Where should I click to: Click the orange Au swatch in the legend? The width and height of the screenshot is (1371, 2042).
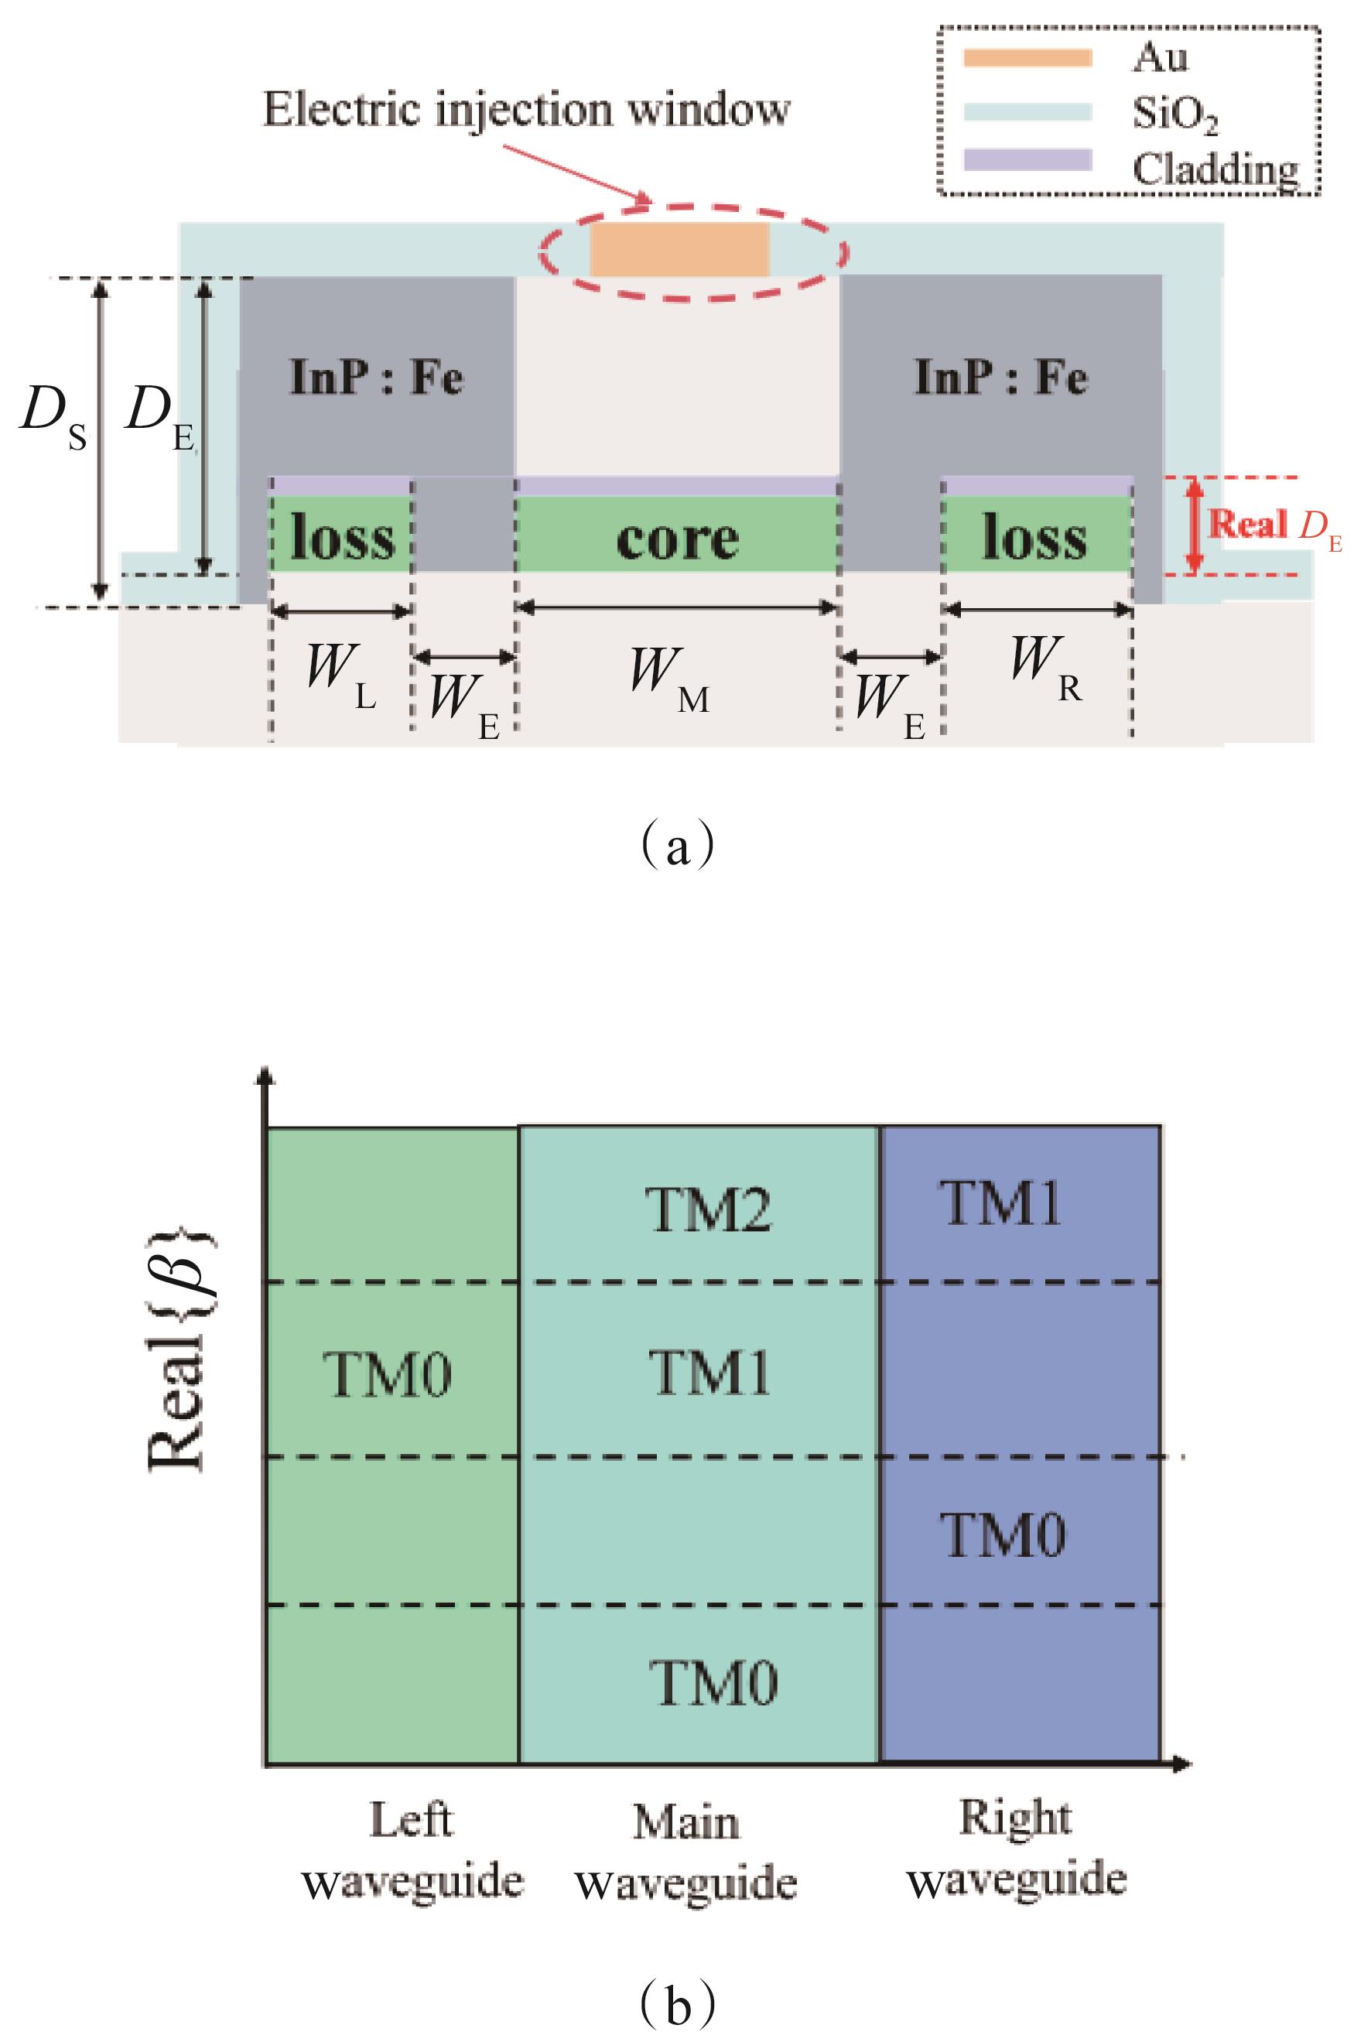click(1027, 59)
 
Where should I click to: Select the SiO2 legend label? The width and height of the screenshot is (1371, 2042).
click(1174, 114)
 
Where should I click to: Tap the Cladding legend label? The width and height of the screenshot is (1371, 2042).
click(1215, 168)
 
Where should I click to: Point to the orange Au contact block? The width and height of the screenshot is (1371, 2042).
click(679, 250)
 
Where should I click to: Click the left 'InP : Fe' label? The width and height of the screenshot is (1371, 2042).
click(376, 378)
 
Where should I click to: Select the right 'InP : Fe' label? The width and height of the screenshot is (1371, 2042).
click(1000, 378)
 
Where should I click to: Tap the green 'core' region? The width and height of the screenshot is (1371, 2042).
click(677, 537)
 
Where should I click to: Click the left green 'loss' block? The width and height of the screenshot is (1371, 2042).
click(341, 535)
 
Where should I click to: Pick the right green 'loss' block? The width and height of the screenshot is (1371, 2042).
click(1035, 535)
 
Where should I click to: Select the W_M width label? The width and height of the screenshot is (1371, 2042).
click(669, 676)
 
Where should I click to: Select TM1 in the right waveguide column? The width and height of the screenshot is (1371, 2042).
click(1000, 1203)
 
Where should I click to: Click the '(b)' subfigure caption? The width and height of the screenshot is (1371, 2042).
click(678, 1982)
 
